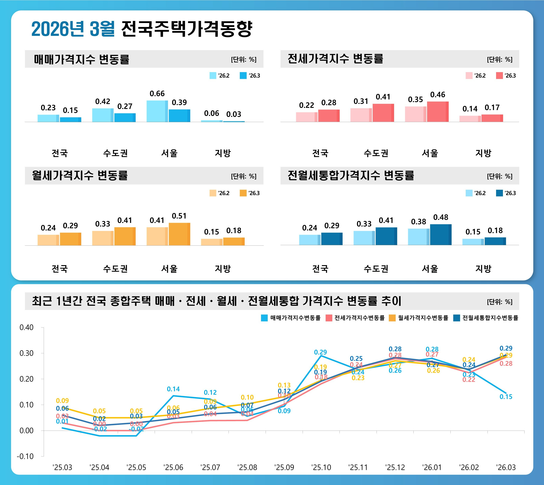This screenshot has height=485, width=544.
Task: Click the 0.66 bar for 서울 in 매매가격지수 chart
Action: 157,111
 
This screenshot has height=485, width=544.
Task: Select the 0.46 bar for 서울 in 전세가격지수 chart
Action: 438,112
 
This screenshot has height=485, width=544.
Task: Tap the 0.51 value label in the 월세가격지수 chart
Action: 179,216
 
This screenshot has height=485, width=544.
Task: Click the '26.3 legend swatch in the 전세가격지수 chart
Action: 499,76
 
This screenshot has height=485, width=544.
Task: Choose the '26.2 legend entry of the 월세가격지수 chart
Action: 220,193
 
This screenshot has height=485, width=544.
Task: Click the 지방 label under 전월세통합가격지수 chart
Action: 483,269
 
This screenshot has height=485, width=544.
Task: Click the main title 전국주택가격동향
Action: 186,29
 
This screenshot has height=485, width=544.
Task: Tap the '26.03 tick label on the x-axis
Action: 506,467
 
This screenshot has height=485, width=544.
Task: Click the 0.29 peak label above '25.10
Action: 320,352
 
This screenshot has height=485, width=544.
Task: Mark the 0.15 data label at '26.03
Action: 506,397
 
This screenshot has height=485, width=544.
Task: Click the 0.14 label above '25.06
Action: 173,389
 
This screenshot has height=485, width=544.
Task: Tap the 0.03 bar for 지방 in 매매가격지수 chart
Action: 234,121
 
